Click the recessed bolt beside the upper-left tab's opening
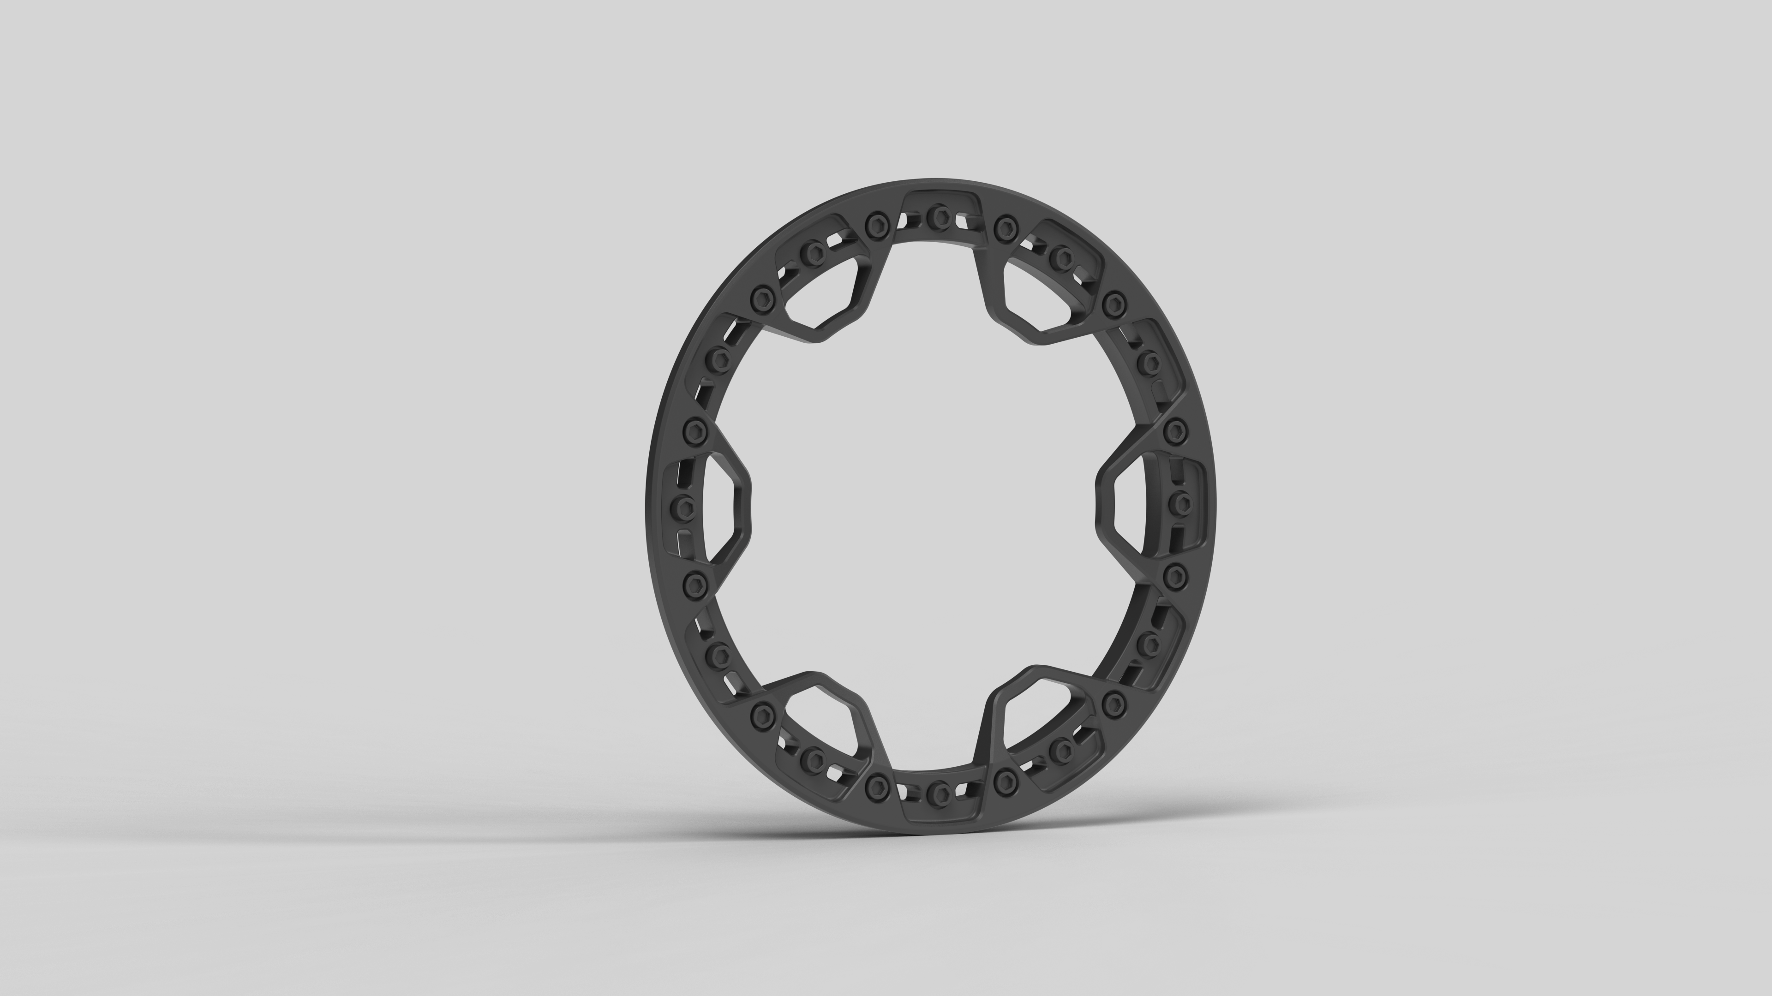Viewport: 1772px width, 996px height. (x=814, y=252)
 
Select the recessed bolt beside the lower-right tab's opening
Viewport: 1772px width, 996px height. (x=1064, y=748)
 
